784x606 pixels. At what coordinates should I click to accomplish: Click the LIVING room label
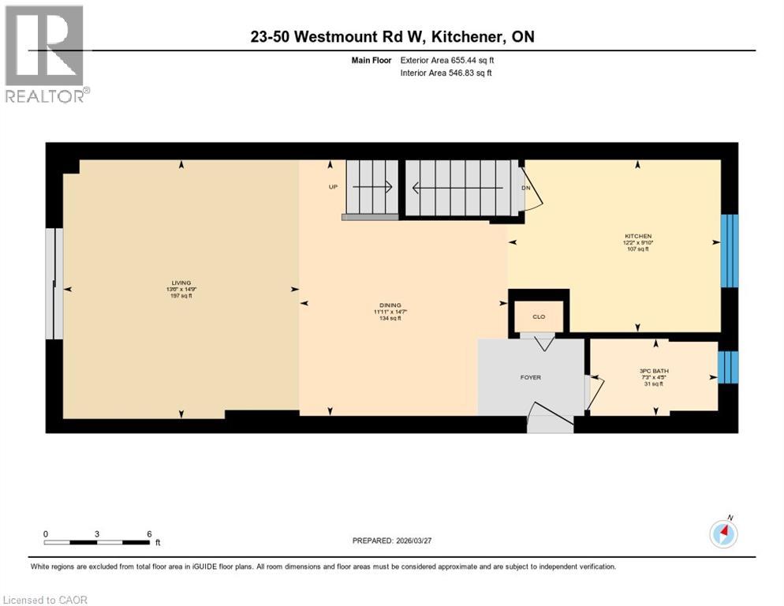point(181,282)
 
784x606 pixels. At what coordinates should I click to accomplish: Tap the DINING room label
point(389,305)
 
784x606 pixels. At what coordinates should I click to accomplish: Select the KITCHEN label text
point(637,236)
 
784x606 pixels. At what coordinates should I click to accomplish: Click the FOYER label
point(530,377)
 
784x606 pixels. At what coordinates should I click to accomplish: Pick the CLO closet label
point(539,316)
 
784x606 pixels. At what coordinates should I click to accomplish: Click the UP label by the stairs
point(333,188)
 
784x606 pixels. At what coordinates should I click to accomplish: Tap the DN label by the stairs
point(525,188)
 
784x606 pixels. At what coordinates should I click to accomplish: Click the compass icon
point(723,534)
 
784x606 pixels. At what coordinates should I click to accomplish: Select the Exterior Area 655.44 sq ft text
point(447,60)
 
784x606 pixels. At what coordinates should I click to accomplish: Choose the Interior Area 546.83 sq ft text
point(446,73)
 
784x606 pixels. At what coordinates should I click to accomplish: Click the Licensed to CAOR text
point(46,600)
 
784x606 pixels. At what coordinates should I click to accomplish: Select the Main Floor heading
point(371,60)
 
